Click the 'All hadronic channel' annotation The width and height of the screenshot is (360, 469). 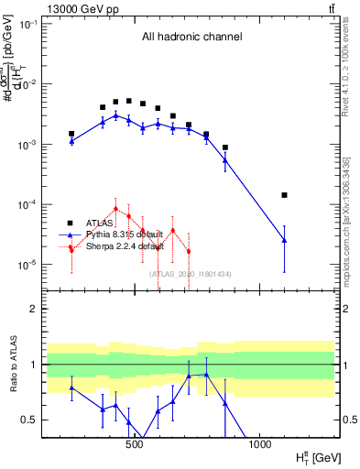191,38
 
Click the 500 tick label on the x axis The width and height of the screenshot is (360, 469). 135,445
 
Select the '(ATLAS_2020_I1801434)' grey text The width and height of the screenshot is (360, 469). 190,274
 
